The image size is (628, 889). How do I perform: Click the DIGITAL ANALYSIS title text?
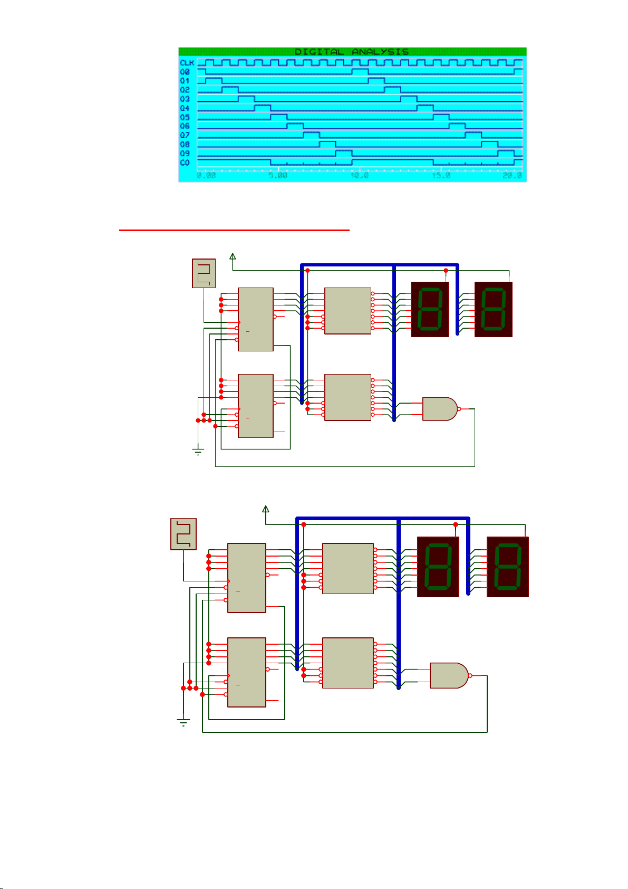(351, 52)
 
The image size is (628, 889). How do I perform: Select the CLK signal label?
(187, 63)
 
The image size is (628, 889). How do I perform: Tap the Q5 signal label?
(185, 117)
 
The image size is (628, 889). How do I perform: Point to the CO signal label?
(185, 162)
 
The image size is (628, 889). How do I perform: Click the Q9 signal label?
(185, 154)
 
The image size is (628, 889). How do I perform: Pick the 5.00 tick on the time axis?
(278, 176)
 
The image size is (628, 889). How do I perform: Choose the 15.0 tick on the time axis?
(441, 176)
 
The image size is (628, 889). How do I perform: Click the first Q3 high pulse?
(246, 99)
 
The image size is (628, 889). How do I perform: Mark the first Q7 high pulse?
(311, 135)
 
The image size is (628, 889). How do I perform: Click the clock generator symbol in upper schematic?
(204, 273)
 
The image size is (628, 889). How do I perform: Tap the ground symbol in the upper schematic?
(198, 452)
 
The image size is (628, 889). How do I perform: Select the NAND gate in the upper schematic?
(440, 409)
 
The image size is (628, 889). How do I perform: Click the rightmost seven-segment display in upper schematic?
(494, 309)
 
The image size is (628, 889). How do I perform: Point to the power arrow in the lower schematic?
(265, 509)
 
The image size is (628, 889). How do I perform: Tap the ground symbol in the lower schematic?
(183, 723)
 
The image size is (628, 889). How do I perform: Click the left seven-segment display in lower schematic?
(438, 567)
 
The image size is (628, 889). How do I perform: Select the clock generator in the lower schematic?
(183, 534)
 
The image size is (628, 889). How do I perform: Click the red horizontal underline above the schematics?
(234, 230)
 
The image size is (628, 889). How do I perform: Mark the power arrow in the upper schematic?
(233, 256)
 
